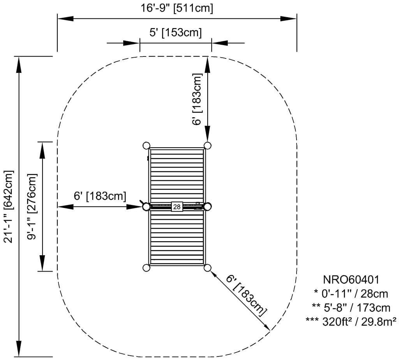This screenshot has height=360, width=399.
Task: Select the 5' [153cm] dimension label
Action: click(x=176, y=33)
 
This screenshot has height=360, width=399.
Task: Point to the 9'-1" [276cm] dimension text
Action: click(x=33, y=206)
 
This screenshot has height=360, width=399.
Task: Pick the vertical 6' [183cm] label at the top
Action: click(x=198, y=99)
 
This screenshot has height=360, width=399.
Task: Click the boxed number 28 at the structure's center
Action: click(x=177, y=207)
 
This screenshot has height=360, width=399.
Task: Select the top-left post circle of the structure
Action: click(x=147, y=145)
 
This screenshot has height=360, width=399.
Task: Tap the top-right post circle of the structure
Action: click(x=207, y=145)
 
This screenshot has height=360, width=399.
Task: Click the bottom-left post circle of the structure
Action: click(x=147, y=268)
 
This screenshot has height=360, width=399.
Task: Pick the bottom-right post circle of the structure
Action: click(x=207, y=268)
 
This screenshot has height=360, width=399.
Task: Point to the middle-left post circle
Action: click(x=146, y=206)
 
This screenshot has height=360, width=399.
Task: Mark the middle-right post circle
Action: click(x=207, y=206)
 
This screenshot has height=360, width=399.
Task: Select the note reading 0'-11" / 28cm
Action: click(x=351, y=293)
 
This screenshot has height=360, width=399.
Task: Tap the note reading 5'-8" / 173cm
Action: click(x=351, y=307)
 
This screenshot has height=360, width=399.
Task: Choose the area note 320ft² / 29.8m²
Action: click(x=351, y=321)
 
